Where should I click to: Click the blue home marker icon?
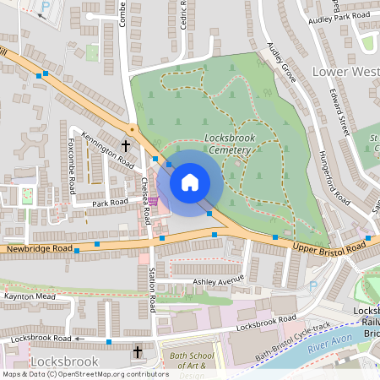190,182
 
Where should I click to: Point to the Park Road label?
110,203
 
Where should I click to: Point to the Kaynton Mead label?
30,297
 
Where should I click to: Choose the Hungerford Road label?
334,178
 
